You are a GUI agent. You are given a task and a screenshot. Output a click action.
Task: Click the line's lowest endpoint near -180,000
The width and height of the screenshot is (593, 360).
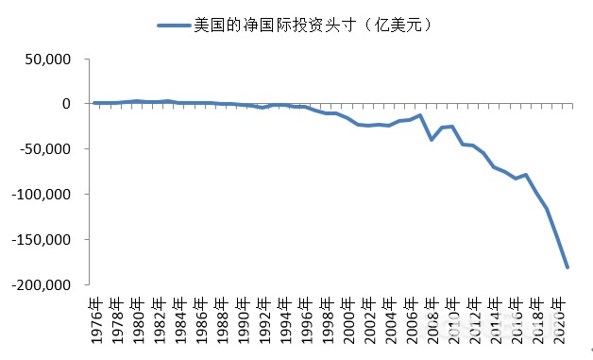pos(568,267)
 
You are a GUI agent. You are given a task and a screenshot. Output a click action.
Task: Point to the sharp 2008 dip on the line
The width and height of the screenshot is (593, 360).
pos(432,140)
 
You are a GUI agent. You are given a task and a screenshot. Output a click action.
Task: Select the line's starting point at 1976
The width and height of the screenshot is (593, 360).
pos(94,102)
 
